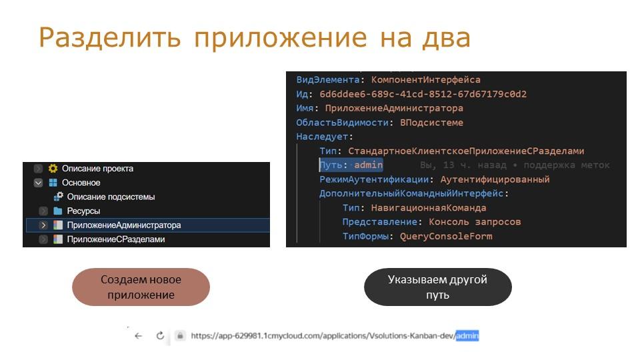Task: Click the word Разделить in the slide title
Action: (110, 37)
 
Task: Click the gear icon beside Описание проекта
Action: (53, 168)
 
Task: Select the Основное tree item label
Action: (81, 183)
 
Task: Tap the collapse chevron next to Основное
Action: (39, 183)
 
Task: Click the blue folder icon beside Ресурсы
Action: (57, 211)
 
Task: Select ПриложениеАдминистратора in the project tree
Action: (124, 225)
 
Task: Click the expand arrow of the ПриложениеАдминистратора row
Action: (43, 225)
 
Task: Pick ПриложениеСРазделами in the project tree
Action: (116, 239)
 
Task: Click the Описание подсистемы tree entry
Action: (111, 197)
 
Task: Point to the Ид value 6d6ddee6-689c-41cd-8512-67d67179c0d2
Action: (423, 94)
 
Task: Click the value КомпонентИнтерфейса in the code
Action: (426, 80)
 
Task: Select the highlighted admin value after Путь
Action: (368, 165)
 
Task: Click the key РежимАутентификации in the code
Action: (374, 179)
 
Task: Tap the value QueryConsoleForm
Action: (446, 236)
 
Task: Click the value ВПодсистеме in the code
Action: (431, 123)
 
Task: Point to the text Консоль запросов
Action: (475, 221)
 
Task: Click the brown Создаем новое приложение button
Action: (141, 287)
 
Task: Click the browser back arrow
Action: (139, 335)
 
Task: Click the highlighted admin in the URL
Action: (467, 335)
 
